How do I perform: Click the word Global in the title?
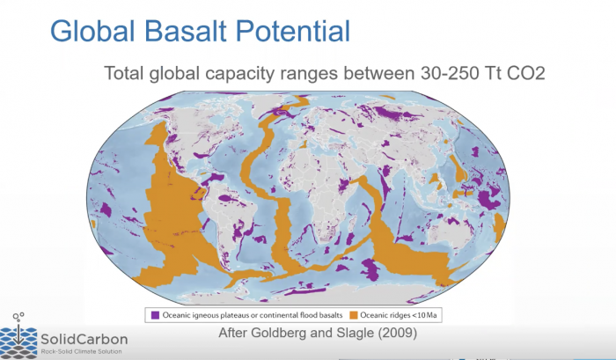coord(92,31)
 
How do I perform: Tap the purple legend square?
coord(155,315)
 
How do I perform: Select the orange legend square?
coord(354,315)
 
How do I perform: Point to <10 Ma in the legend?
coord(424,315)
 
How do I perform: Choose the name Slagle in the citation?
coord(356,334)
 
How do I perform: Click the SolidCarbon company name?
coord(84,339)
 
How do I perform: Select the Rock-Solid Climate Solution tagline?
coord(81,351)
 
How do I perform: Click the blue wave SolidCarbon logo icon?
coord(18,339)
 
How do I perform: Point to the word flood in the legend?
coord(308,315)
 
